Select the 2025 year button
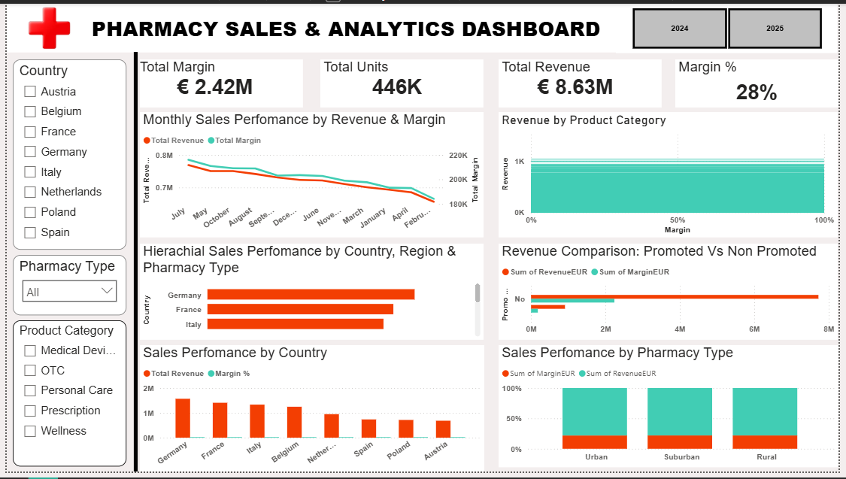click(775, 29)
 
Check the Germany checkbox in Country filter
click(30, 152)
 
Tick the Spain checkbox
click(30, 232)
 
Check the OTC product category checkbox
click(30, 371)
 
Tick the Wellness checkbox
click(30, 431)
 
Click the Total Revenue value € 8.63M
click(575, 87)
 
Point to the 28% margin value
click(756, 92)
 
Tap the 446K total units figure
click(397, 87)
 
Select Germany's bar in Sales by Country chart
click(183, 418)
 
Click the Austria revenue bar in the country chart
click(443, 429)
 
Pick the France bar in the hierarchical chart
click(300, 309)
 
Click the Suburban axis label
click(681, 456)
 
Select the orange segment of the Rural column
click(765, 442)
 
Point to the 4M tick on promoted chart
click(680, 329)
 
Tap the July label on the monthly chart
click(178, 214)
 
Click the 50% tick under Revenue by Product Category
click(677, 220)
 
